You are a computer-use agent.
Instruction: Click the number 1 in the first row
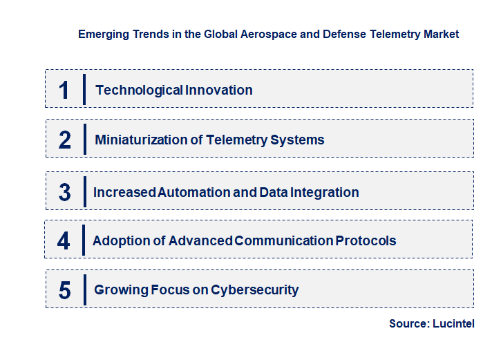64,90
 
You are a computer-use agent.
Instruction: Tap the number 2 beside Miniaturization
65,140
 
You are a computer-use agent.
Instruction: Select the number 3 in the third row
65,192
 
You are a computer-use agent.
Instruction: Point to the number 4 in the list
64,241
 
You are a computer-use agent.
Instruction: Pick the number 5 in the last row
65,290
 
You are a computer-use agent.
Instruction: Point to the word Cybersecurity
255,290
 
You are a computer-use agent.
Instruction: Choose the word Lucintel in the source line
454,323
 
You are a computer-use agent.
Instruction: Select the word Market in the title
440,34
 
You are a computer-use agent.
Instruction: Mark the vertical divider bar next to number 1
84,89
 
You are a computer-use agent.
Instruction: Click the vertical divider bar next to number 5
84,290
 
